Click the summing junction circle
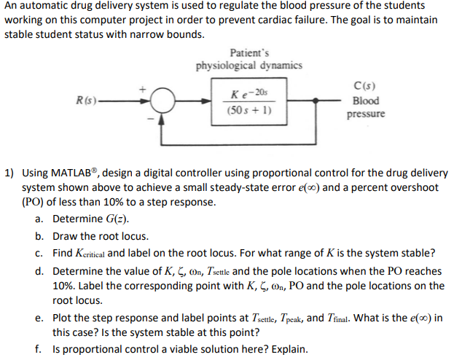164,101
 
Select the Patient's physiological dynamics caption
248,59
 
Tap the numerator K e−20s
249,93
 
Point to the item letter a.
38,219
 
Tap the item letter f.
38,348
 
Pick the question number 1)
9,173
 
